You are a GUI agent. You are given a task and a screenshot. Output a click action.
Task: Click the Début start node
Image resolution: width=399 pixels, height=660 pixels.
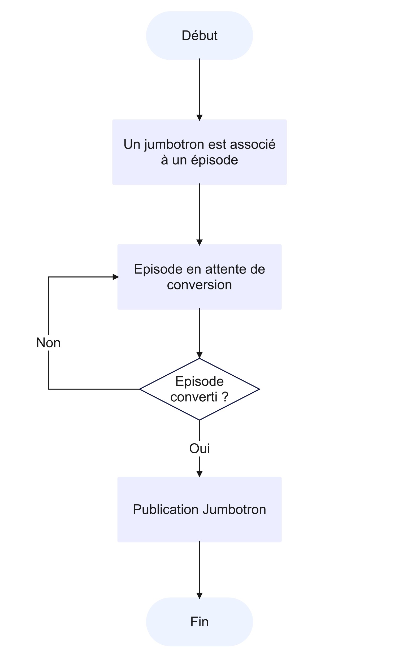coord(199,36)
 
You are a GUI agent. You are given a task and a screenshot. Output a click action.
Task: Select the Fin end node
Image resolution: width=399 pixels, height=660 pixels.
coord(199,622)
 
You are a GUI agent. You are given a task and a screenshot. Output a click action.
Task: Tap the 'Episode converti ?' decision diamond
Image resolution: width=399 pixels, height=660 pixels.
coord(199,389)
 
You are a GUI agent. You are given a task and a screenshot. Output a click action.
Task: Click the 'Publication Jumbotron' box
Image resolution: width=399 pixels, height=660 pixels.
coord(199,510)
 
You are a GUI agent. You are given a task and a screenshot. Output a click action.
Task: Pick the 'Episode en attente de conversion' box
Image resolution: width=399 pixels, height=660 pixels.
coord(199,277)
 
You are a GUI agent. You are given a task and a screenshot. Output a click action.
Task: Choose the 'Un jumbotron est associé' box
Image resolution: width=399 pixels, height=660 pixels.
coord(199,152)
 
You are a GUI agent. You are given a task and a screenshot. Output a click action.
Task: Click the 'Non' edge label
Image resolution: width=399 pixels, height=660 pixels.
coord(48,342)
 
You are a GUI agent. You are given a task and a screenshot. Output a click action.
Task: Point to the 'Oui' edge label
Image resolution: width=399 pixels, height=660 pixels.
coord(199,448)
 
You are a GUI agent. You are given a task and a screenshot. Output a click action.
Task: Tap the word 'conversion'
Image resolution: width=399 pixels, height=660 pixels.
coord(199,285)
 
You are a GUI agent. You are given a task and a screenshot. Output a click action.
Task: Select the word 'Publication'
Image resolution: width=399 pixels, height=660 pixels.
coord(166,510)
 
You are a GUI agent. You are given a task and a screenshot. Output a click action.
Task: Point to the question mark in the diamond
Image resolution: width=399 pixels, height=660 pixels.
coord(225,397)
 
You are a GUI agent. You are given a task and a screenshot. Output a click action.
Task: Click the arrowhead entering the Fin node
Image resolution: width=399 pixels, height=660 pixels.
coord(199,596)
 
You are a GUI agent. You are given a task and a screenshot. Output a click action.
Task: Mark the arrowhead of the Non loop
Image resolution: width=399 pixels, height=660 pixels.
coord(115,277)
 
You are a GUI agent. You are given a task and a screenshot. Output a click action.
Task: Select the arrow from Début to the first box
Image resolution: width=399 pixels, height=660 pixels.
coord(199,88)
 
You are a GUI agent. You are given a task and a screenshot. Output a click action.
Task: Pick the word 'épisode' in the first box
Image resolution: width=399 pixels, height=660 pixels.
coord(214,160)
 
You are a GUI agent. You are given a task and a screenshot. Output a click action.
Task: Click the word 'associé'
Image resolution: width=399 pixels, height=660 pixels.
coord(252,145)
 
